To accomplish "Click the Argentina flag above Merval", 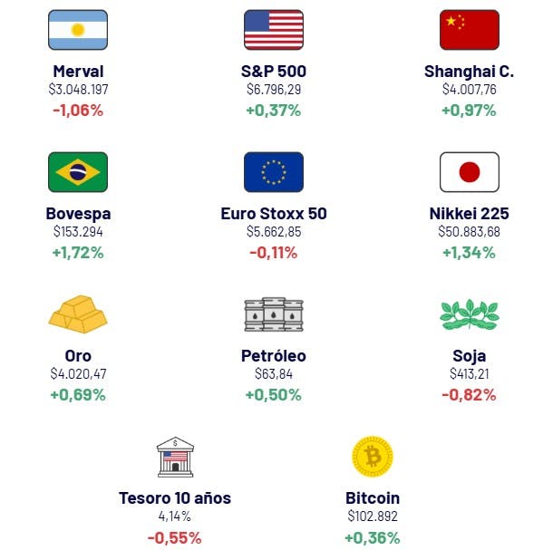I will click(x=78, y=30).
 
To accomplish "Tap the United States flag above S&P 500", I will click(x=273, y=30).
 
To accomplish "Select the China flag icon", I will click(x=469, y=30).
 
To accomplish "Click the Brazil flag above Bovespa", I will click(x=78, y=172).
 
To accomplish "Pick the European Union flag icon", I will click(x=273, y=172).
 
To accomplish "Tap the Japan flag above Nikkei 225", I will click(x=469, y=172).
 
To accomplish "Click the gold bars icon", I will click(x=78, y=314).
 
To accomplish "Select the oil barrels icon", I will click(x=273, y=314).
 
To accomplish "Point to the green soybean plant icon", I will click(x=469, y=314).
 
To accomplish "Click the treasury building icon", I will click(x=175, y=457).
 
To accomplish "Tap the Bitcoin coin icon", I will click(x=372, y=457).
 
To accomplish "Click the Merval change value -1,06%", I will click(x=78, y=111).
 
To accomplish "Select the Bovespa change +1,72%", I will click(x=78, y=253).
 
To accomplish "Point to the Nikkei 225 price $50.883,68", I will click(x=469, y=232).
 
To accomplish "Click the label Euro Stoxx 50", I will click(x=273, y=214).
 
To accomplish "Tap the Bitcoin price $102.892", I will click(x=372, y=516).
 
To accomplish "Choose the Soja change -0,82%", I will click(x=469, y=395).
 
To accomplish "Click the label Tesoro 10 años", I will click(x=175, y=498).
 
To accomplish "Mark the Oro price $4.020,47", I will click(x=78, y=374).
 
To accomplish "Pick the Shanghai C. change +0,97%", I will click(x=469, y=111).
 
